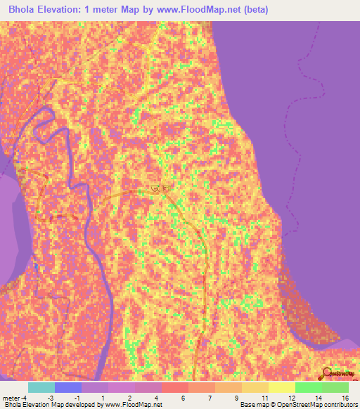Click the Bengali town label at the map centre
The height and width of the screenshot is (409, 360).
point(160,188)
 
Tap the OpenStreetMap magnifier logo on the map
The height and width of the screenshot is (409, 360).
point(328,374)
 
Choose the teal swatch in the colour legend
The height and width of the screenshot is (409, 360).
point(41,387)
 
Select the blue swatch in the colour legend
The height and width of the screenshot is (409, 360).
point(67,387)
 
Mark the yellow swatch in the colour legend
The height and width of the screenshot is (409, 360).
point(281,387)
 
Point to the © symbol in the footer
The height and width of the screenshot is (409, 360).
point(276,405)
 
